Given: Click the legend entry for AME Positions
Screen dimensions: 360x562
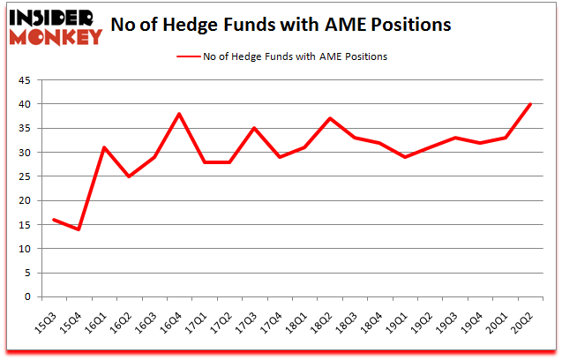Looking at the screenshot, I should coord(281,56).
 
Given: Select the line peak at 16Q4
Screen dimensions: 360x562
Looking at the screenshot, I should coord(178,114).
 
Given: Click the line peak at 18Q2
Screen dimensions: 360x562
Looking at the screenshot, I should coord(330,118).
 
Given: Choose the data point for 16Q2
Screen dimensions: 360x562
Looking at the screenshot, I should coord(128,176).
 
